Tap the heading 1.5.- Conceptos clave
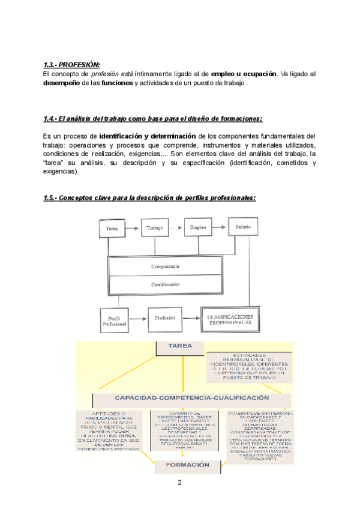tap(149, 198)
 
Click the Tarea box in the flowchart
tap(112, 229)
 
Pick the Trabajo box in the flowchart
tap(157, 228)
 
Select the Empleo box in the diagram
tap(198, 227)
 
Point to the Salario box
tap(243, 227)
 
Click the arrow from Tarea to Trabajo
tap(134, 229)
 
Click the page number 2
tap(179, 483)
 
